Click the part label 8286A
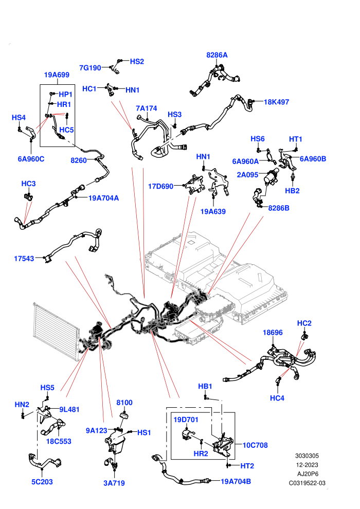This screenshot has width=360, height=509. click(217, 55)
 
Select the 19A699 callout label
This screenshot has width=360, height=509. click(57, 75)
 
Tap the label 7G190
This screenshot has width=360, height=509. click(90, 68)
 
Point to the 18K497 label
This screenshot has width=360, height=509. click(276, 102)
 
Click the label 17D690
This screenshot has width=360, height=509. click(160, 186)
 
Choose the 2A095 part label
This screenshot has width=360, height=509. click(247, 175)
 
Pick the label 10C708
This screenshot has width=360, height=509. click(255, 445)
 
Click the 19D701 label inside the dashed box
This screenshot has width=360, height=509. click(186, 420)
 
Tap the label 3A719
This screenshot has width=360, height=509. click(114, 483)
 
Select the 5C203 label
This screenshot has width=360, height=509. click(42, 482)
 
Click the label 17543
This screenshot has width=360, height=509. click(24, 259)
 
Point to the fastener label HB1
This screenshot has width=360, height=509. click(205, 386)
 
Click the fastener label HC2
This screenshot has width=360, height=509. click(304, 323)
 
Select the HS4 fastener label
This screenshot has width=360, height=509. click(19, 118)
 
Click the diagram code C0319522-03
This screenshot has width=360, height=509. click(307, 483)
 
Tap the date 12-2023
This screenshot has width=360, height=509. click(307, 465)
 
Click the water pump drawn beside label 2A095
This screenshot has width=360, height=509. click(271, 177)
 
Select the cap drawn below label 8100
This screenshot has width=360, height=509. click(123, 416)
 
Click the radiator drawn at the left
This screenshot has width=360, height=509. click(56, 331)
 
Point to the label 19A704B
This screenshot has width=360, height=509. click(236, 481)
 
